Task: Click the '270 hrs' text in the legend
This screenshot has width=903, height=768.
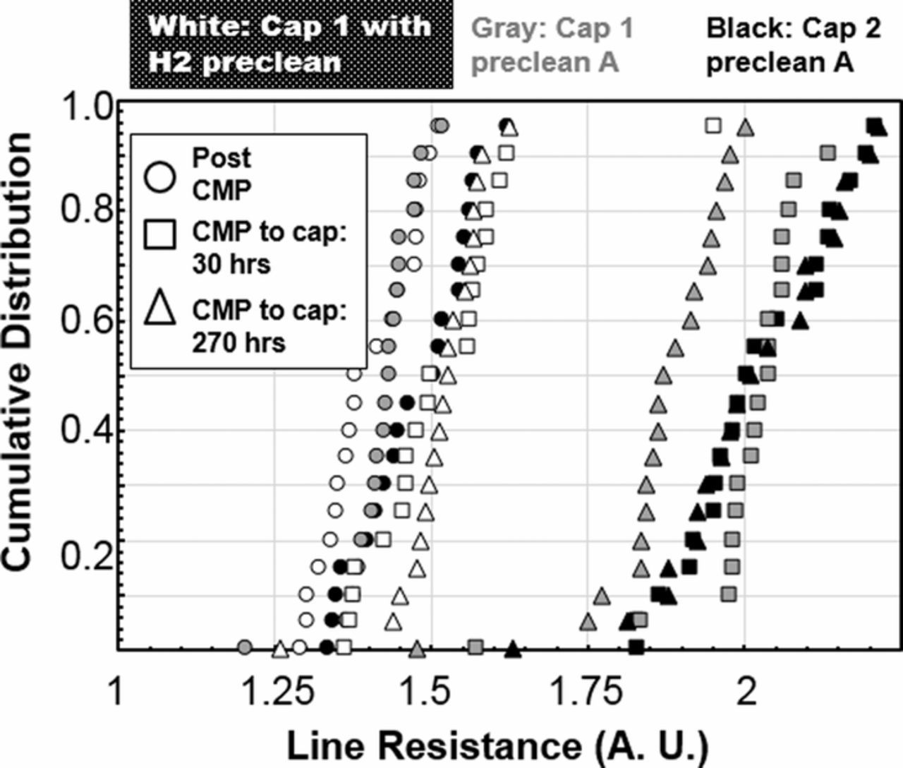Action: [x=238, y=343]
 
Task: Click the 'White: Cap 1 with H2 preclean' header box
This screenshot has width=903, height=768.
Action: [x=291, y=44]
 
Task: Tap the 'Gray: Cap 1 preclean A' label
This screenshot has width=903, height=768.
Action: [x=552, y=45]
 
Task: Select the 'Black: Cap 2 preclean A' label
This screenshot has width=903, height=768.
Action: [x=794, y=45]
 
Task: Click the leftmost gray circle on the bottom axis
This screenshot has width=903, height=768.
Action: [x=244, y=647]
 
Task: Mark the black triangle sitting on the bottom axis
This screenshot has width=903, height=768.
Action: [x=513, y=649]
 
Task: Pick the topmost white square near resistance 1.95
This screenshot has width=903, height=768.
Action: [x=713, y=126]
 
